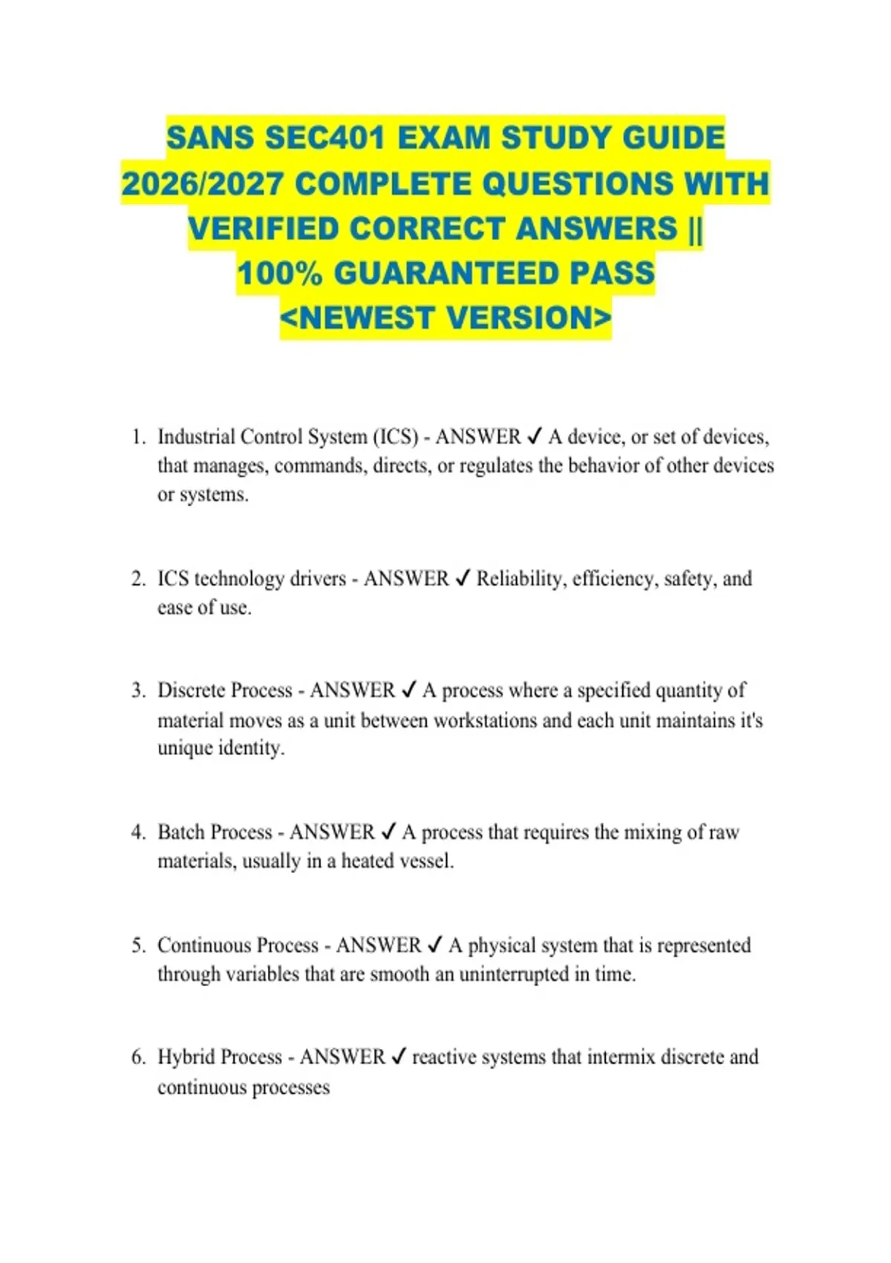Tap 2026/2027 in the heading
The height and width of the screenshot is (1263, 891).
pyautogui.click(x=202, y=184)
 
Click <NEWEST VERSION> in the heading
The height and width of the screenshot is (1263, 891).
pyautogui.click(x=446, y=318)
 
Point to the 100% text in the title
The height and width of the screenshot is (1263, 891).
pyautogui.click(x=280, y=273)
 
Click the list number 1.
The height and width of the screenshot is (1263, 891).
pyautogui.click(x=137, y=437)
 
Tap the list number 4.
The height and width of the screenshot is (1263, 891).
pyautogui.click(x=137, y=832)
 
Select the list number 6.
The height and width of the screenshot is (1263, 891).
pyautogui.click(x=137, y=1057)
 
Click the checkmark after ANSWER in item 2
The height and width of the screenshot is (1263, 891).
pyautogui.click(x=463, y=579)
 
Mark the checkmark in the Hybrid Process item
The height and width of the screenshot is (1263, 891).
pyautogui.click(x=399, y=1057)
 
